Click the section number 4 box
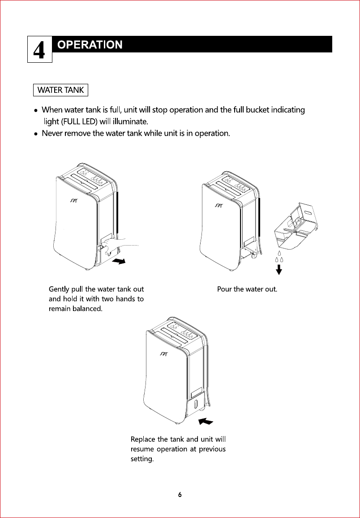[x=40, y=49]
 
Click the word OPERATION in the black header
[x=90, y=45]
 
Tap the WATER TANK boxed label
[x=60, y=90]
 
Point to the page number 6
[x=180, y=495]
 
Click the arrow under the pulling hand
[x=120, y=261]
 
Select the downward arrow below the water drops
[x=279, y=269]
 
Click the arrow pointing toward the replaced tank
[x=206, y=421]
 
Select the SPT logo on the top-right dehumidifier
[x=219, y=206]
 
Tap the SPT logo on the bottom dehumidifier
[x=164, y=354]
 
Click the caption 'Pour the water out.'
[x=247, y=289]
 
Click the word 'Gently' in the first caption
[x=59, y=289]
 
